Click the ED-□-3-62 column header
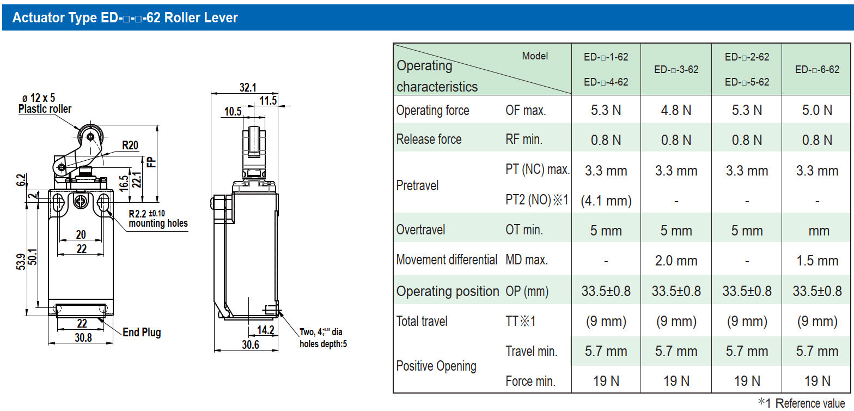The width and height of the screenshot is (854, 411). click(x=676, y=69)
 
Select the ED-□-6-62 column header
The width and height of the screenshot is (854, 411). click(x=817, y=69)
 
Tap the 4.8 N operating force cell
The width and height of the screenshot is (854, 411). click(x=676, y=110)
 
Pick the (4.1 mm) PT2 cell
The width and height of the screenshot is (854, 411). click(x=606, y=201)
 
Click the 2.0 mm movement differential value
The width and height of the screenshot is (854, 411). click(x=676, y=261)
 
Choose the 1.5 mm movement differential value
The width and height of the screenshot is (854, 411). click(x=817, y=261)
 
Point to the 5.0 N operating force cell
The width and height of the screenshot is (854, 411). click(x=817, y=110)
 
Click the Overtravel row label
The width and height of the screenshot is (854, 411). click(x=420, y=229)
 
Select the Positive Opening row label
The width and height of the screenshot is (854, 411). click(x=436, y=366)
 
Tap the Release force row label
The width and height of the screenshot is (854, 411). click(x=429, y=140)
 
